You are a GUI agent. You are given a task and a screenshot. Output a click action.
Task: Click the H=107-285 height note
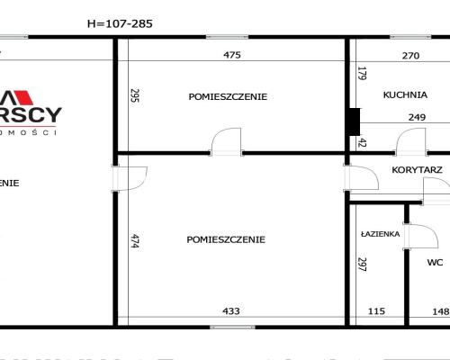pyautogui.click(x=117, y=24)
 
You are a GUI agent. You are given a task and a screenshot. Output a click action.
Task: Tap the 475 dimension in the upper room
pyautogui.click(x=232, y=56)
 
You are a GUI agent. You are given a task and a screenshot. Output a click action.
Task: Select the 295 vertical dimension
pyautogui.click(x=134, y=95)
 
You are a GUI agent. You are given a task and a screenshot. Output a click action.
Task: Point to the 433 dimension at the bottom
pyautogui.click(x=232, y=311)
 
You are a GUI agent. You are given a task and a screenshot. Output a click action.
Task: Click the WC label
pyautogui.click(x=435, y=264)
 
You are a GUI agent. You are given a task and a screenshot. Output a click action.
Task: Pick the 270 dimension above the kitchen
pyautogui.click(x=409, y=56)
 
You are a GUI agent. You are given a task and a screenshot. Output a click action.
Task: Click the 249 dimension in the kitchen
pyautogui.click(x=417, y=117)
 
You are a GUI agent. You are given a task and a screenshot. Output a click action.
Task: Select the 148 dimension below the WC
pyautogui.click(x=439, y=311)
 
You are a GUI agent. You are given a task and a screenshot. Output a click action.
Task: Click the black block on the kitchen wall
pyautogui.click(x=355, y=119)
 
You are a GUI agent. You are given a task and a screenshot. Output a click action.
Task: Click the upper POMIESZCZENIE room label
pyautogui.click(x=228, y=96)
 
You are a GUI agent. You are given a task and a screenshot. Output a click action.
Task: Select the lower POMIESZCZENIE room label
pyautogui.click(x=226, y=239)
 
